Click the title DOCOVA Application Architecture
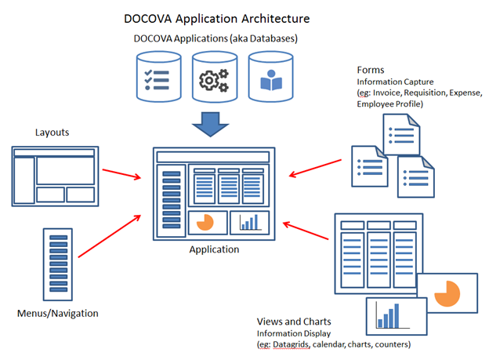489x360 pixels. point(217,19)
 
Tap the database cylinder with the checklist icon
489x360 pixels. point(159,77)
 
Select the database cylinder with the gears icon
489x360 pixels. point(215,77)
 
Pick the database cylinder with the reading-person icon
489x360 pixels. point(270,77)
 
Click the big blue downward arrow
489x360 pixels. point(211,124)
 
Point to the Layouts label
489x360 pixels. point(52,133)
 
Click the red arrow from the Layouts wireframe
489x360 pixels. point(121,174)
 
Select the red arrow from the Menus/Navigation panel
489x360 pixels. point(110,236)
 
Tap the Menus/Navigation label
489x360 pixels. point(58,313)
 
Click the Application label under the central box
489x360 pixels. point(214,249)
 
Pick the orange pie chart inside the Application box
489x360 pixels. point(205,222)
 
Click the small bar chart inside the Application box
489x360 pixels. point(250,222)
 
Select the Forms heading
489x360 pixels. point(371,70)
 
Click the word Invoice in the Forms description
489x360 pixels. point(386,93)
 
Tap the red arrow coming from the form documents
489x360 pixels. point(315,169)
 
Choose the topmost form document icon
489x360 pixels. point(401,135)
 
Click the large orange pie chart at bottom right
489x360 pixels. point(447,293)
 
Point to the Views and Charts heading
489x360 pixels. point(294,322)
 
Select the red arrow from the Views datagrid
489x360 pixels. point(306,231)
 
